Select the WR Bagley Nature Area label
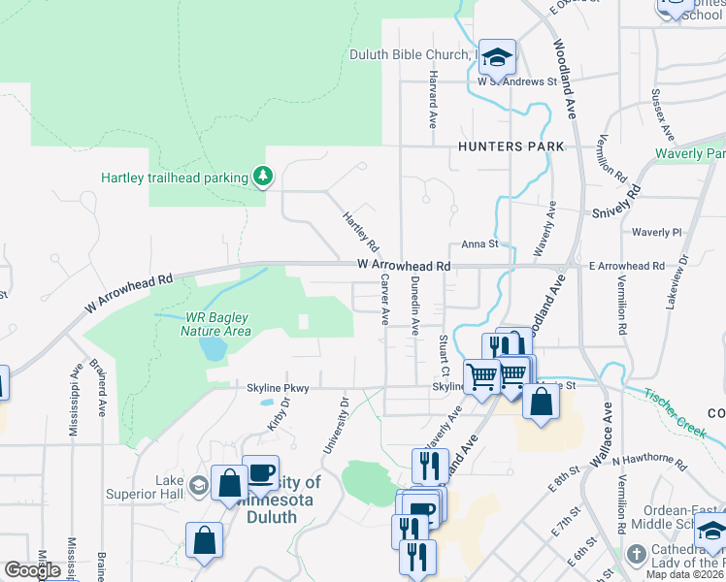[x=204, y=324]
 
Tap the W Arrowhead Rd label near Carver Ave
[x=404, y=265]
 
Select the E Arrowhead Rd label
[x=626, y=266]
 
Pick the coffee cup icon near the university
[x=260, y=472]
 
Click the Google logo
[x=33, y=570]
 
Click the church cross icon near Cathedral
[x=636, y=555]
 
